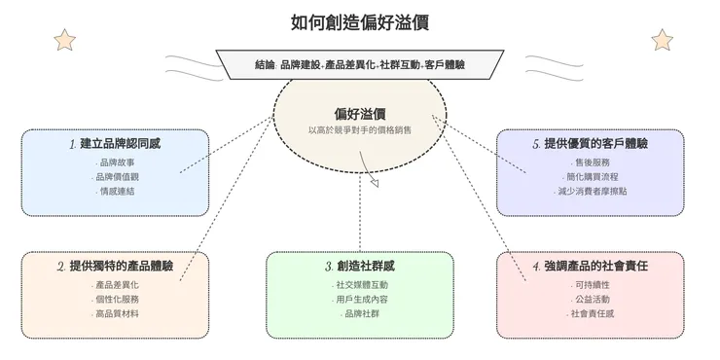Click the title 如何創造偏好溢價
(x=359, y=21)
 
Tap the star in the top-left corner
(x=65, y=40)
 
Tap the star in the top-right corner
(x=662, y=40)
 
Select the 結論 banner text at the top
(x=359, y=64)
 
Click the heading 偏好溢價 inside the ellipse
(x=359, y=114)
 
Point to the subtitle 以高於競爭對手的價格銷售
(x=359, y=129)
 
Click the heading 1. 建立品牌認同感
(x=115, y=144)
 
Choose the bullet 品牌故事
(x=117, y=162)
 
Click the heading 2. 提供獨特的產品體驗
(x=115, y=266)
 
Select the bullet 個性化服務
(x=117, y=299)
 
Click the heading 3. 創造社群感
(x=359, y=266)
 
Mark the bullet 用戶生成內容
(x=360, y=299)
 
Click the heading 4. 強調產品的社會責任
(x=591, y=266)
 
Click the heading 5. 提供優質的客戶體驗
(x=591, y=144)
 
